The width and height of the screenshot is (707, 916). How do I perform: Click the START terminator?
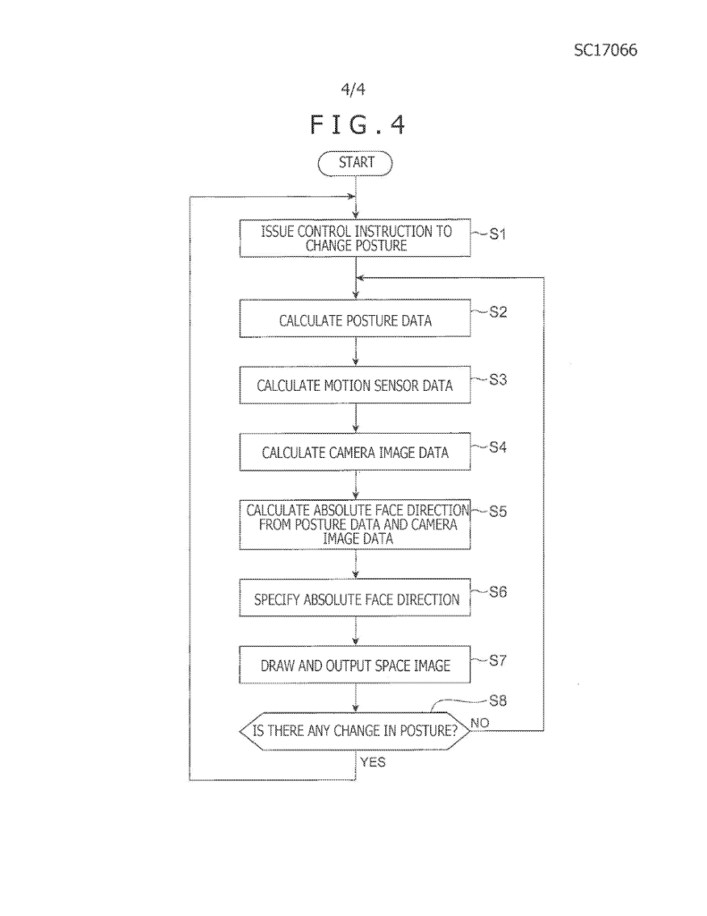355,163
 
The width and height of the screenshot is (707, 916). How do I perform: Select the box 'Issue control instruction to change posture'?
355,238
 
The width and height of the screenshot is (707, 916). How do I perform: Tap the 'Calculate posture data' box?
355,318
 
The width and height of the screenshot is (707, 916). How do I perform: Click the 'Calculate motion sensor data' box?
355,385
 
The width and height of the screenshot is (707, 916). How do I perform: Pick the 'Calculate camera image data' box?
355,452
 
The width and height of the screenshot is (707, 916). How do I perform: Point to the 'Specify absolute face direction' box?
355,598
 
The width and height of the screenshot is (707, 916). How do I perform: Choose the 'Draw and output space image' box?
355,665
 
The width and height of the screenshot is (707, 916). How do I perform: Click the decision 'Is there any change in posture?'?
355,731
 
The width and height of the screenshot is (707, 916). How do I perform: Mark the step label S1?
498,234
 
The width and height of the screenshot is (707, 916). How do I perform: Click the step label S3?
498,379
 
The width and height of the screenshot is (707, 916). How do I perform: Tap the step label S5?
498,512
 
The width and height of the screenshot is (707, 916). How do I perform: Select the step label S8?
498,700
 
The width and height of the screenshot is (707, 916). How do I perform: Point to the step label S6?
498,592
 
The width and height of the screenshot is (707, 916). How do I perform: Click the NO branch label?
480,723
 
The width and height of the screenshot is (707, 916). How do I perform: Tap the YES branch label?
373,762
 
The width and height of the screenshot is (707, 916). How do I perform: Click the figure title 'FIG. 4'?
358,125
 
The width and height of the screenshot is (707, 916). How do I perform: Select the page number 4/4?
353,89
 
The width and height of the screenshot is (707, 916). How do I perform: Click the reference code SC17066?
605,50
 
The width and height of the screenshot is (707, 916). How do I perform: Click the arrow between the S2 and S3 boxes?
356,352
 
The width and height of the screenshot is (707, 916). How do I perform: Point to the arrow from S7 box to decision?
356,698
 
